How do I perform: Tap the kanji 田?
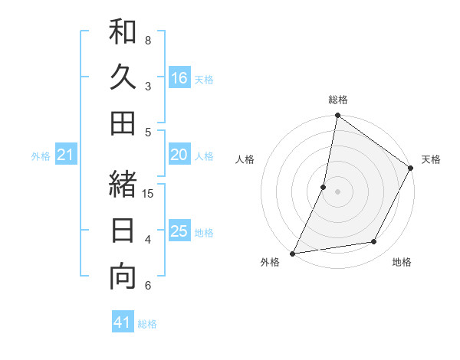(123, 123)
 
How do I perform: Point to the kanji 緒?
(123, 184)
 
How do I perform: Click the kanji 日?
(123, 230)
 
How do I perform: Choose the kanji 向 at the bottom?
(123, 276)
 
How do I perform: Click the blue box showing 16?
(179, 78)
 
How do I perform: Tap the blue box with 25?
(179, 231)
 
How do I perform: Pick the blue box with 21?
(66, 155)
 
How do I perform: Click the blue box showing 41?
(123, 322)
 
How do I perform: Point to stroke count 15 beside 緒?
(149, 193)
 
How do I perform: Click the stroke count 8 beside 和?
(148, 40)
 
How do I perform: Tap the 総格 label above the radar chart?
(338, 100)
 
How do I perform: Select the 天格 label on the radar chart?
(431, 159)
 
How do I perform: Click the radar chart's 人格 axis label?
(245, 159)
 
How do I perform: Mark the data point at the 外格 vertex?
(292, 253)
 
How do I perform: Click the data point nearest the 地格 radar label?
(374, 242)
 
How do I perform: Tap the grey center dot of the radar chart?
(337, 191)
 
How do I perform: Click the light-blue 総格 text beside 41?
(147, 324)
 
